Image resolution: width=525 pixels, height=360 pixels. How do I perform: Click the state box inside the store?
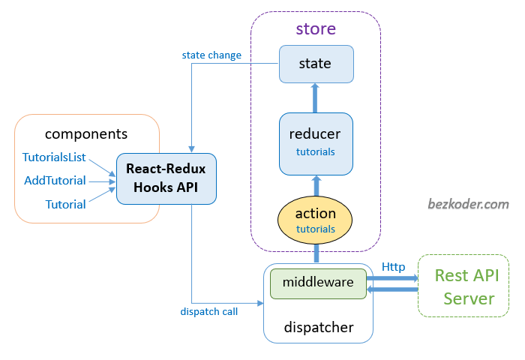tap(315, 64)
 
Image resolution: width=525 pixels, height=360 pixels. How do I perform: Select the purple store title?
tap(315, 30)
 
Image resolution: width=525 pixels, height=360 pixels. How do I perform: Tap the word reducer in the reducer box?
tap(315, 134)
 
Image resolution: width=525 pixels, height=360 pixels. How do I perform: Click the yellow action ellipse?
tap(315, 220)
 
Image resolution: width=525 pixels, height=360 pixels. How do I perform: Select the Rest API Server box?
tap(463, 286)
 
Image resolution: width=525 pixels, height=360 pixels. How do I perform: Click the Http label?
tap(394, 266)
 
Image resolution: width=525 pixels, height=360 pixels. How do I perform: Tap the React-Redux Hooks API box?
tap(166, 178)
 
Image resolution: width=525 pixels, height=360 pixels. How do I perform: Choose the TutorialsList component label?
tap(54, 157)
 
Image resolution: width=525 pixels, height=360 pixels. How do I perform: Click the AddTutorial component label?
tap(55, 180)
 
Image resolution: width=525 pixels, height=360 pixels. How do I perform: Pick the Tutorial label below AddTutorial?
tap(65, 204)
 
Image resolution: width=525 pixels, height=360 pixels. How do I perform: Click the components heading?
tap(86, 134)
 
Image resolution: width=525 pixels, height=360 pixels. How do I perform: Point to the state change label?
tap(211, 55)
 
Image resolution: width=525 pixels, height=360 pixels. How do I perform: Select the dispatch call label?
tap(209, 311)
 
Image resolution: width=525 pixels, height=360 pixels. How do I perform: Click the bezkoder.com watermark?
tap(468, 203)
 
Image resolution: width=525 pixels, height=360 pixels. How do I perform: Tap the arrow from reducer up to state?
tap(315, 97)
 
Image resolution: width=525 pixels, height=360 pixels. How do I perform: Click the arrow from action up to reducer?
tap(315, 184)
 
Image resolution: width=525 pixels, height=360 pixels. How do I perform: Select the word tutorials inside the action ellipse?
tap(315, 229)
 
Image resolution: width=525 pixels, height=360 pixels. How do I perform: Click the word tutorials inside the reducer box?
tap(315, 151)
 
